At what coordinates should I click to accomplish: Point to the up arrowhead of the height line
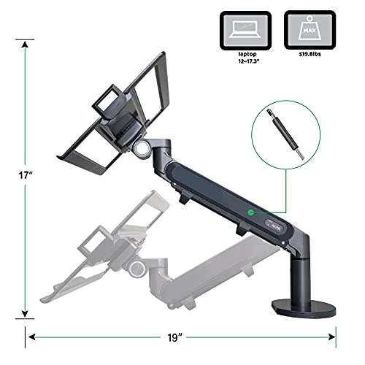click(25, 43)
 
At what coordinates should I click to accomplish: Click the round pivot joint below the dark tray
click(140, 149)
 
